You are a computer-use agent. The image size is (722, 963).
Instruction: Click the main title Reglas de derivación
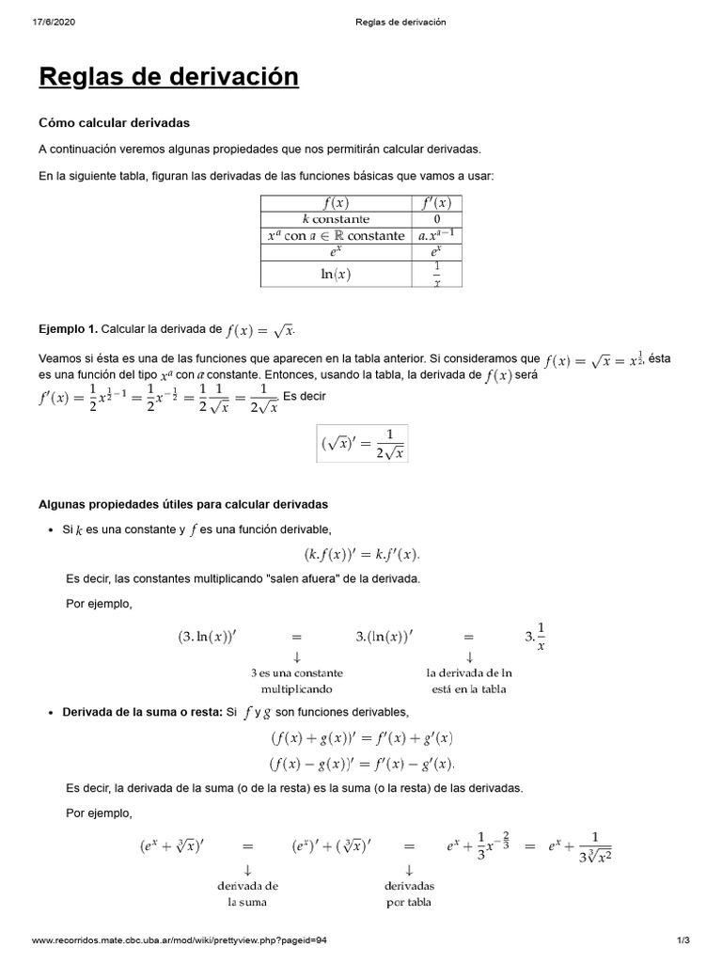(168, 77)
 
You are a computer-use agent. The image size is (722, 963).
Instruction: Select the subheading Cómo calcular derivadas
(114, 122)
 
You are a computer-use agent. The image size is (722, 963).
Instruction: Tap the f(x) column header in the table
(336, 202)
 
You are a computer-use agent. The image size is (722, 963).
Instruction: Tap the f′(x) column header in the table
(437, 202)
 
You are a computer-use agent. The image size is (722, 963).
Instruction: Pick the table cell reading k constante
(336, 219)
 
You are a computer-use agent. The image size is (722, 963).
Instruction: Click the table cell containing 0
(437, 219)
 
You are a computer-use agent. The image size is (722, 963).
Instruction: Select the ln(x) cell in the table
(336, 273)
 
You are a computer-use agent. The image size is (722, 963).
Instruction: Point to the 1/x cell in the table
(437, 273)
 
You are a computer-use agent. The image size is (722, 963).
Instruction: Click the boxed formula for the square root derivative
(362, 444)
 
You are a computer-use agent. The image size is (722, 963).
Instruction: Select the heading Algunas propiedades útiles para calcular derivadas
(182, 505)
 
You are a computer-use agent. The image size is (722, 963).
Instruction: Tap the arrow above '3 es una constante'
(297, 655)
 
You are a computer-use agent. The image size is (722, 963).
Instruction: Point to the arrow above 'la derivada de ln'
(469, 655)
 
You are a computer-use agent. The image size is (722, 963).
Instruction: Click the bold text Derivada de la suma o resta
(141, 712)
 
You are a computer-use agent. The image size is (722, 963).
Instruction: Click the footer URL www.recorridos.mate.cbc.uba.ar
(180, 939)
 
